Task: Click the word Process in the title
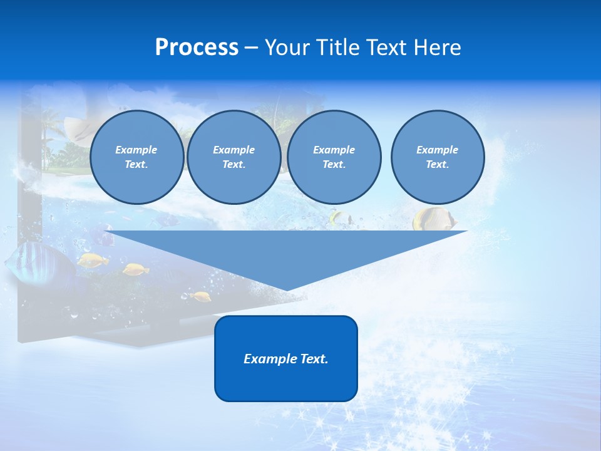click(197, 48)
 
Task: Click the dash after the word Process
click(252, 48)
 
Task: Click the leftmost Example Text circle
click(136, 157)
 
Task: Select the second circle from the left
click(234, 157)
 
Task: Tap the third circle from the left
click(334, 157)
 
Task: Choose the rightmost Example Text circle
click(437, 157)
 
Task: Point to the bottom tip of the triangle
click(287, 289)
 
